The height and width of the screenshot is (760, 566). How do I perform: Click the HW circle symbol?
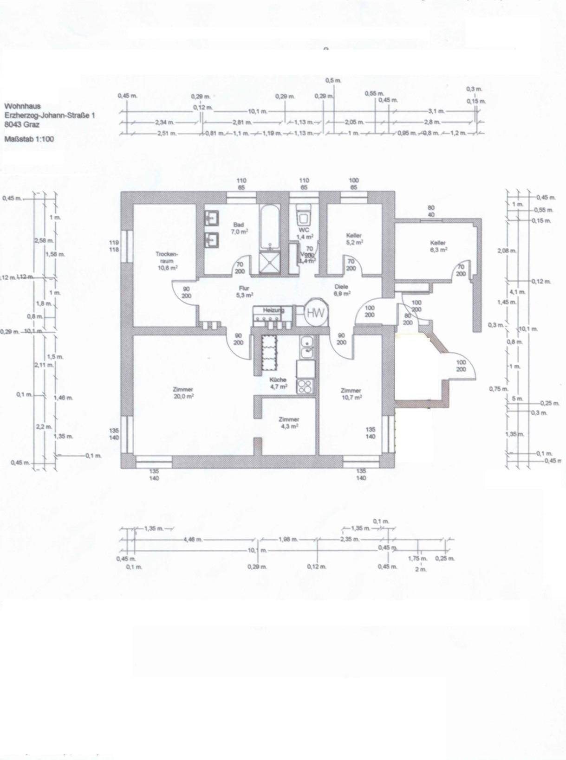[316, 312]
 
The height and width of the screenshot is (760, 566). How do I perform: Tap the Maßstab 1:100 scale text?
[29, 139]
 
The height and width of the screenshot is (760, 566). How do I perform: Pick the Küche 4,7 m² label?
[278, 383]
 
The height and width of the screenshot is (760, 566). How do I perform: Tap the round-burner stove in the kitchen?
[306, 386]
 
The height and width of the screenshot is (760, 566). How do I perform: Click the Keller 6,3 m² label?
[438, 246]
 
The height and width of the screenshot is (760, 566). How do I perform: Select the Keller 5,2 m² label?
[354, 238]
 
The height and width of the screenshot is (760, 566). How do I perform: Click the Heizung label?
[273, 310]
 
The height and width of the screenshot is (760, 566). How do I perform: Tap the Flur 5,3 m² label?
[244, 291]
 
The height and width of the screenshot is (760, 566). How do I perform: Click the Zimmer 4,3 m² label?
[289, 422]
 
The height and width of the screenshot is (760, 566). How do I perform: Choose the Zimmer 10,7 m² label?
[351, 393]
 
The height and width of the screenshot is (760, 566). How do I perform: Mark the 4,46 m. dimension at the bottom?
[192, 540]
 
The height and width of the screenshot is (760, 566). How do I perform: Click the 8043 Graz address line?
[22, 124]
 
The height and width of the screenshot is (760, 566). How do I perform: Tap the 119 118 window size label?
[114, 246]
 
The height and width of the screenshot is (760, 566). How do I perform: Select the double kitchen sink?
[307, 347]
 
